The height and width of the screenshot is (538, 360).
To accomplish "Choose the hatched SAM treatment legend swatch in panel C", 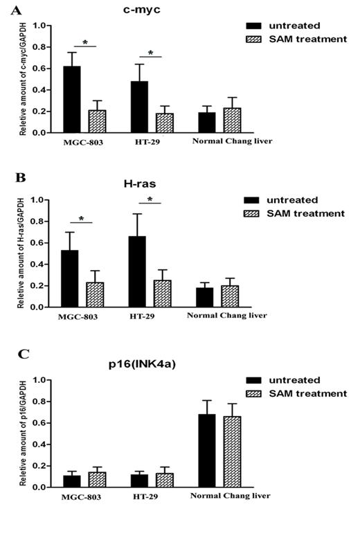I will pos(259,393).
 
